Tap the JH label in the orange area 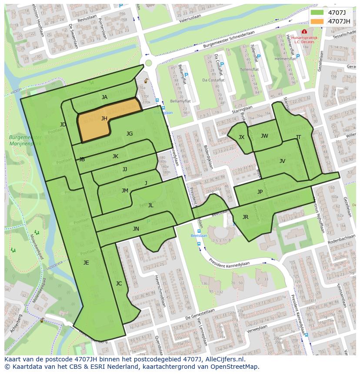click(x=104, y=118)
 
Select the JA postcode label click(x=104, y=97)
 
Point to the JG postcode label click(x=130, y=134)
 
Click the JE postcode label click(x=86, y=262)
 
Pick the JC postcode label click(x=119, y=284)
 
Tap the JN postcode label click(x=136, y=229)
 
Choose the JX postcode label click(x=241, y=137)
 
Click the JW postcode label click(x=264, y=136)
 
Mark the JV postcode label click(x=282, y=161)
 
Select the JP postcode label click(x=260, y=192)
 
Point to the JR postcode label click(x=245, y=217)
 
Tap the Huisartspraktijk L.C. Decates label click(x=304, y=40)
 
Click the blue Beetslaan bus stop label click(x=200, y=235)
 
